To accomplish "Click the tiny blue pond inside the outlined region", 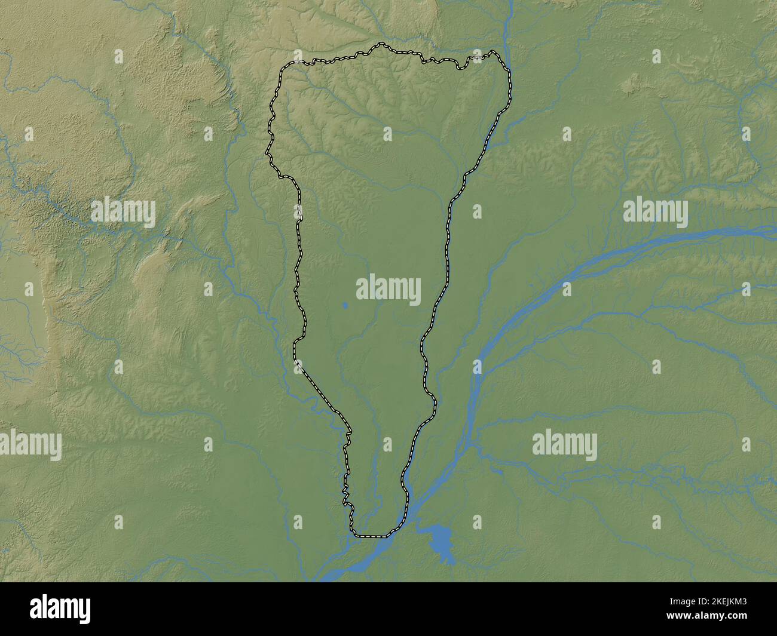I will click(x=345, y=307).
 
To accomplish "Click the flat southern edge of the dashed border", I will click(x=371, y=536).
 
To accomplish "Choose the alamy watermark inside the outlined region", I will click(x=389, y=288).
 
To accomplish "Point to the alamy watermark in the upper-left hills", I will click(x=123, y=213).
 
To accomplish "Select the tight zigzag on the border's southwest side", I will click(x=345, y=493).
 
